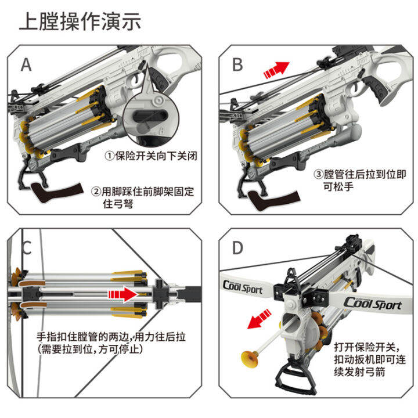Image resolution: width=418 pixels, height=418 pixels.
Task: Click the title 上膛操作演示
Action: point(80,22)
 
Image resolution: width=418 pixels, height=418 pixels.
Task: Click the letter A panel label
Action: point(26,64)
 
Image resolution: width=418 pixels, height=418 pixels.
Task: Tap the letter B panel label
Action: point(237,64)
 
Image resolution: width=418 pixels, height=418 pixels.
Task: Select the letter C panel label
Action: point(26,248)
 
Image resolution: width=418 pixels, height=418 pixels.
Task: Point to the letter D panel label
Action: point(237,248)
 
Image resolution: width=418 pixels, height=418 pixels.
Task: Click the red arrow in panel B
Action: point(276,70)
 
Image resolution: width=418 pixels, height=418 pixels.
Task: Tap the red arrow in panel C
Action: point(123,294)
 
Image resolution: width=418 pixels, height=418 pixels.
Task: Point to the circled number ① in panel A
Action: point(109,156)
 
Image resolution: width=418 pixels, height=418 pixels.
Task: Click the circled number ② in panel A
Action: point(96,192)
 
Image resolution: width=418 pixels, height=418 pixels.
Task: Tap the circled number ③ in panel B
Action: point(318,174)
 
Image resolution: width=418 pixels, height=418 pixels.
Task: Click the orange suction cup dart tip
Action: point(248,358)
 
